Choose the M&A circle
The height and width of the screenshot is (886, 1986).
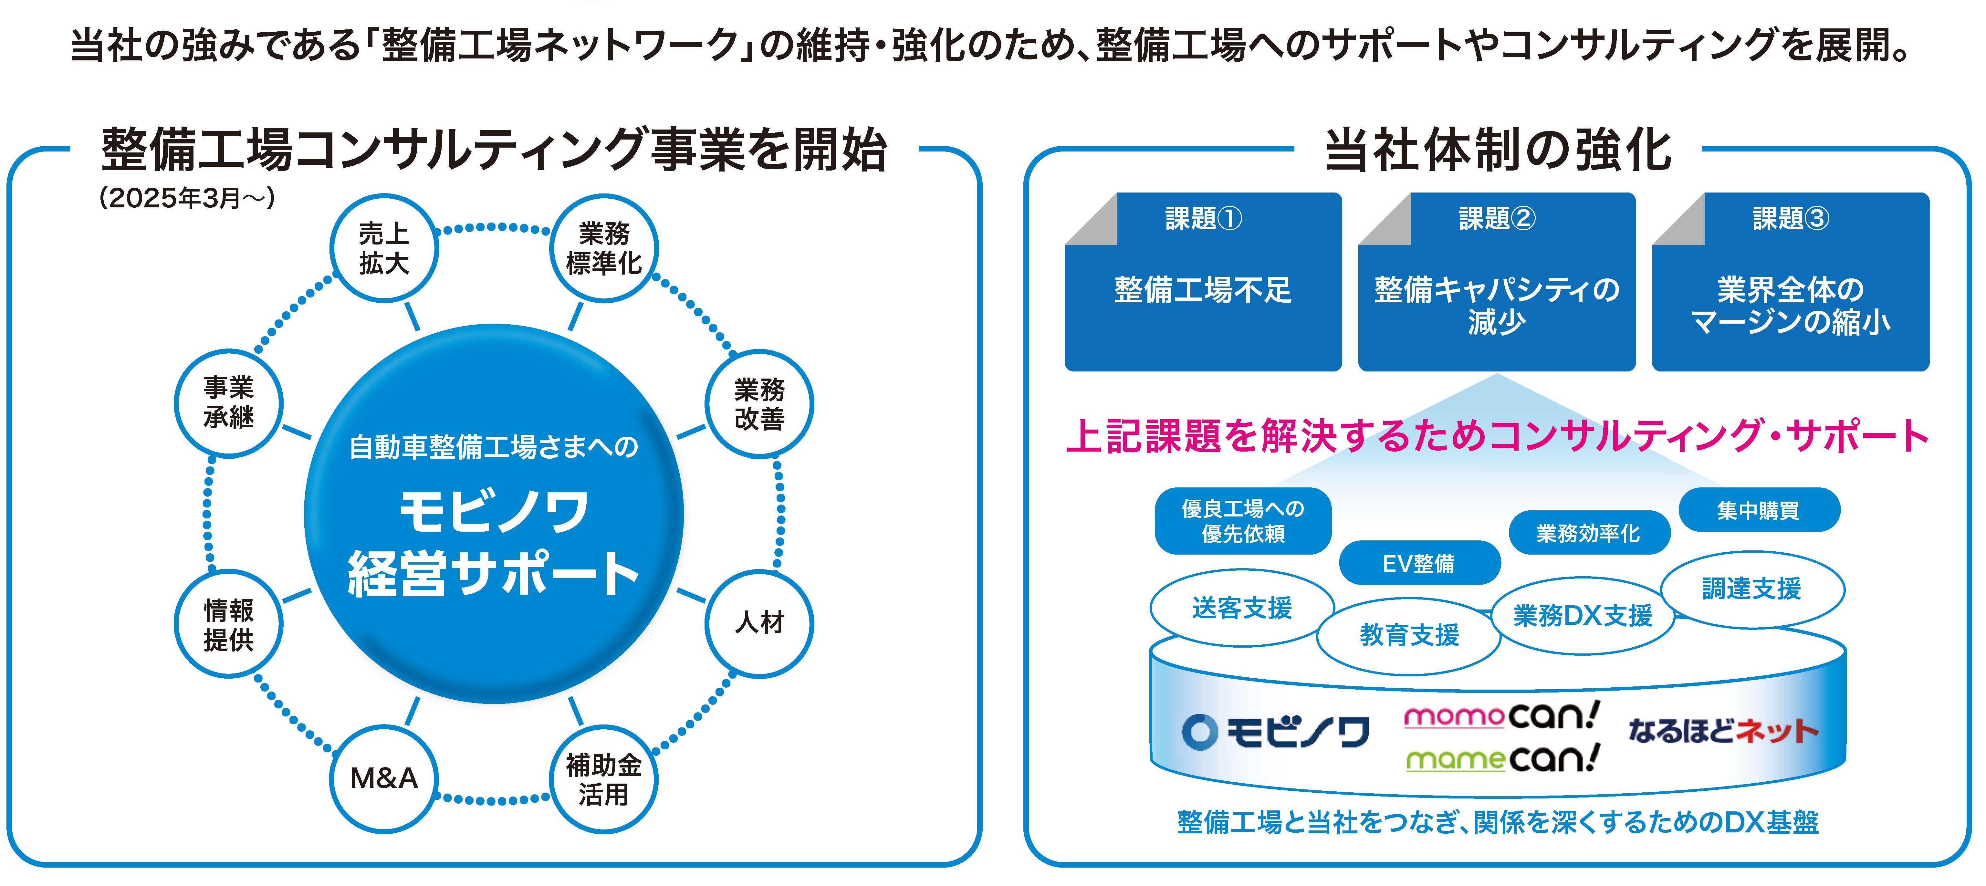[x=384, y=779]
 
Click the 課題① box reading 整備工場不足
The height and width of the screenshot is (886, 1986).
[x=1203, y=289]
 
